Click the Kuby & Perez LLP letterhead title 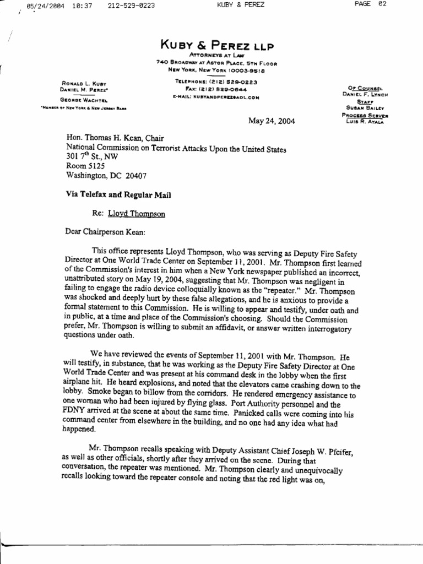point(216,45)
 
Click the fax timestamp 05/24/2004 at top point(41,6)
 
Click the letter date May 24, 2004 point(272,121)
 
